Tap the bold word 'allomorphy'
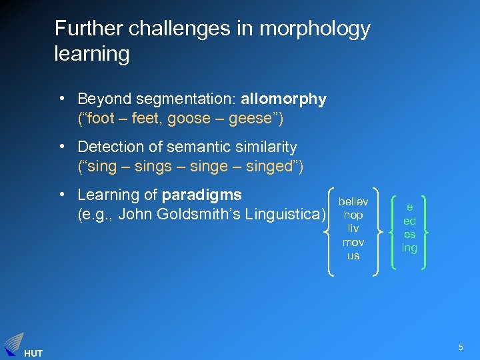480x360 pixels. [283, 99]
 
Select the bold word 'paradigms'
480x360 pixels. [202, 195]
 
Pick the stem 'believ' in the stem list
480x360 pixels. [353, 201]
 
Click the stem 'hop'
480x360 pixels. [353, 215]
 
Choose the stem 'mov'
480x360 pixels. [353, 242]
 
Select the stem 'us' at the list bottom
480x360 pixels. [353, 255]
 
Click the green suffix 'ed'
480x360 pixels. [409, 221]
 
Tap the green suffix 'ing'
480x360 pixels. [409, 247]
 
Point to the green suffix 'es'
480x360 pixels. [409, 234]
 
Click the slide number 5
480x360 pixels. [460, 347]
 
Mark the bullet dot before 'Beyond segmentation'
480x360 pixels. [61, 99]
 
